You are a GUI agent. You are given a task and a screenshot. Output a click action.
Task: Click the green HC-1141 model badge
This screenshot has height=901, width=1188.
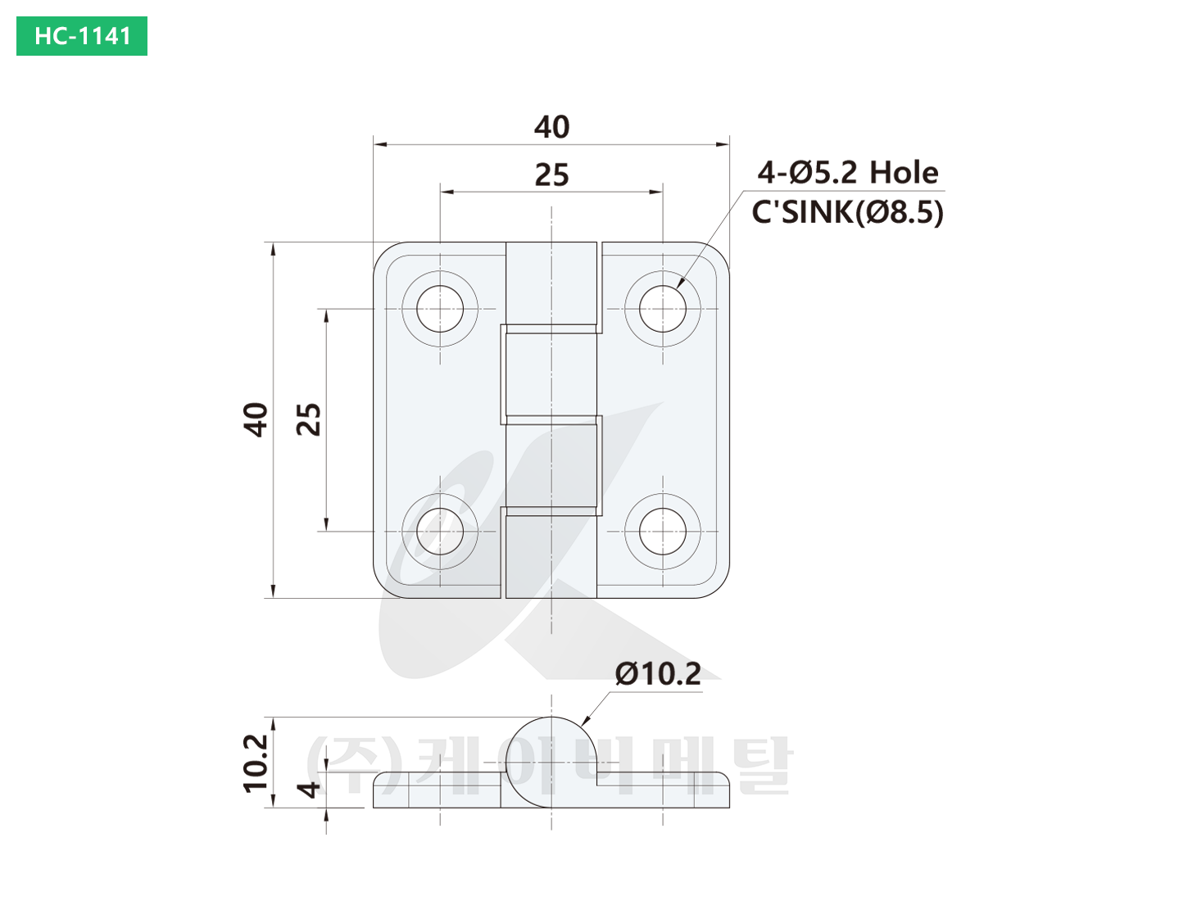click(x=82, y=36)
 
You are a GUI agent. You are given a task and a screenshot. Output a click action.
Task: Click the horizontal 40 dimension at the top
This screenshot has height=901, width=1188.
click(x=551, y=127)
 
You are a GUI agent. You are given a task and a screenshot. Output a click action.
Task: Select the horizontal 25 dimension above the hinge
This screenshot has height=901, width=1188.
click(x=551, y=174)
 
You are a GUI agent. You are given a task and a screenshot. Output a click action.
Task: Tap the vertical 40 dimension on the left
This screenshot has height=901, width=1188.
click(x=256, y=419)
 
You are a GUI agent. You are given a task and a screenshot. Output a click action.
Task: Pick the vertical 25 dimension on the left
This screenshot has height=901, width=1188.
click(x=309, y=419)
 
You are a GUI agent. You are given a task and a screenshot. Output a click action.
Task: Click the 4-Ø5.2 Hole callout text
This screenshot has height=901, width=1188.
click(x=847, y=172)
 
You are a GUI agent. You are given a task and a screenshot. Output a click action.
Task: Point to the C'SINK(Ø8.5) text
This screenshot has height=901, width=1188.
click(x=847, y=212)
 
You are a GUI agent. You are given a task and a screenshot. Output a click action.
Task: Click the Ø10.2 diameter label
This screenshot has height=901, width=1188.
click(x=658, y=673)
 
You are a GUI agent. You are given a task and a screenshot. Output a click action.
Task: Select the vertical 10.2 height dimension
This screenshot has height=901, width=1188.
click(x=256, y=763)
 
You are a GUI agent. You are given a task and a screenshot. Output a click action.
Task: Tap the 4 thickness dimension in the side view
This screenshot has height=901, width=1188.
click(x=310, y=790)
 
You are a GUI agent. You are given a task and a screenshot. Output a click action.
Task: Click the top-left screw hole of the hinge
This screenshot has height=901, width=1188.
click(x=440, y=309)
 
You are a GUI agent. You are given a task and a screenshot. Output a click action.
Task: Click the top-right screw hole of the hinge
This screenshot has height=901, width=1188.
click(x=663, y=309)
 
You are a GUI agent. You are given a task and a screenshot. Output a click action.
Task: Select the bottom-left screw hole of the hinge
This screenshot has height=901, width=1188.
click(x=440, y=531)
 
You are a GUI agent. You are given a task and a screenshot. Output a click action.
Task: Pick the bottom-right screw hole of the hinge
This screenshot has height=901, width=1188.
click(x=663, y=531)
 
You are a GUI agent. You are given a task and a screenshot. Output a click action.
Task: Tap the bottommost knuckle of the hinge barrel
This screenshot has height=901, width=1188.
click(x=551, y=555)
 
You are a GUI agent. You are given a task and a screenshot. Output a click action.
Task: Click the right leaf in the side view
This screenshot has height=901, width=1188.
click(x=664, y=790)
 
